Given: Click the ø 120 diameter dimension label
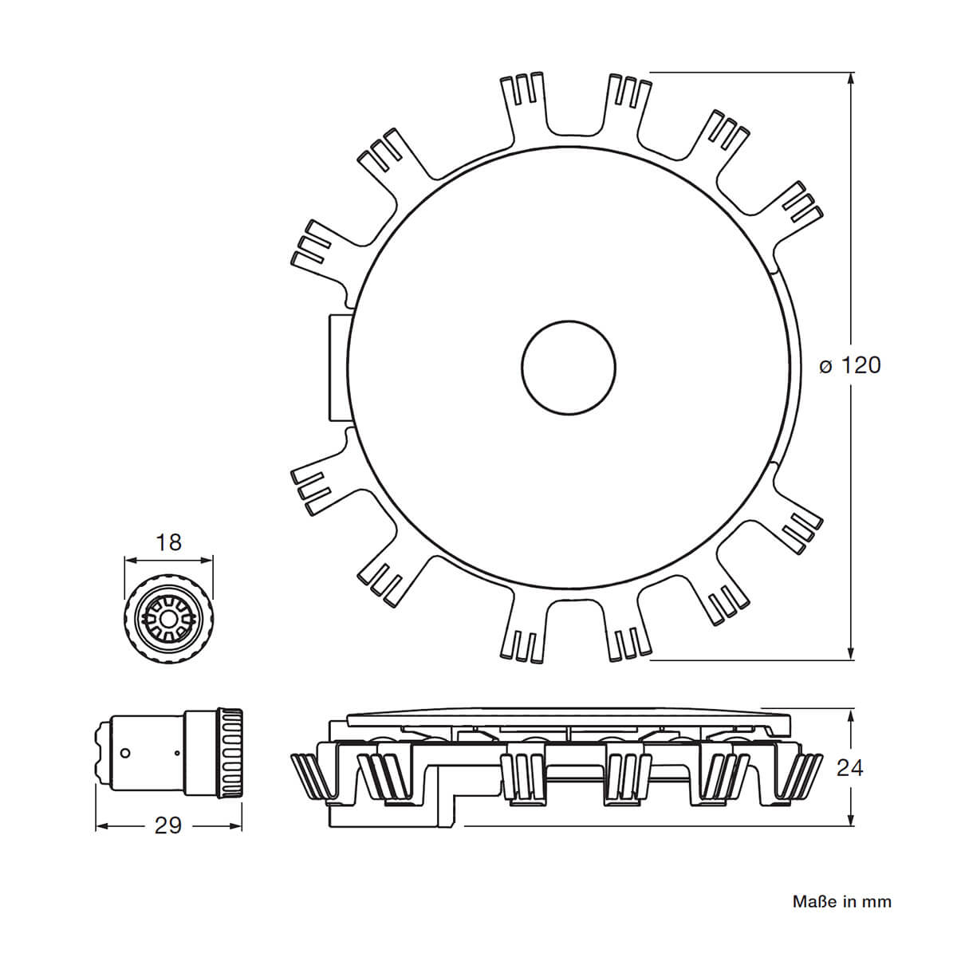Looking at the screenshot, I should coord(850,365).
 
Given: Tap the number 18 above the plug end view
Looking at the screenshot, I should coord(169,542).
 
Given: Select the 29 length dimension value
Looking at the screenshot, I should coord(168,825).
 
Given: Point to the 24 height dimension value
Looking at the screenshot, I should coord(850,768).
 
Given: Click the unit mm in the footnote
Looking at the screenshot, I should coord(878,902).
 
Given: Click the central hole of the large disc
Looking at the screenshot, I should coord(569,368).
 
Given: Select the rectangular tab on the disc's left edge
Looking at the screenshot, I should coord(338,367).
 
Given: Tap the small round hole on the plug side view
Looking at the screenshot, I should coord(124,752).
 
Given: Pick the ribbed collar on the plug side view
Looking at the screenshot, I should coord(230,752).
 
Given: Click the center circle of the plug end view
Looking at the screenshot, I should coord(168,616).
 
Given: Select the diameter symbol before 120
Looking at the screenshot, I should coord(826,366).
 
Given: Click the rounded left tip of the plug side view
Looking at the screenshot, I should coord(99,752).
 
